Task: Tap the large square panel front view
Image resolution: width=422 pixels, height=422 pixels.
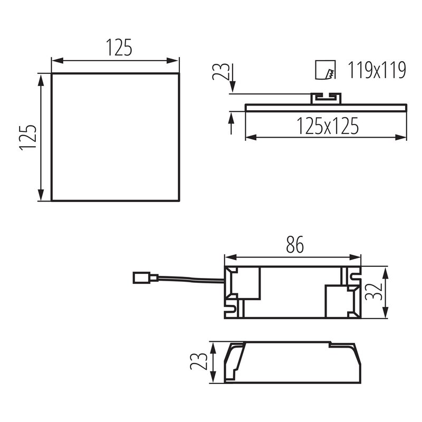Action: [x=116, y=137]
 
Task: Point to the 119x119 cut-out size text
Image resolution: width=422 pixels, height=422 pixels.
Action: [x=377, y=70]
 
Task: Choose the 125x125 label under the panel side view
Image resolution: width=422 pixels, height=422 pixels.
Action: [x=327, y=126]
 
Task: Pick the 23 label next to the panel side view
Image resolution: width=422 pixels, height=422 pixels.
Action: [x=224, y=71]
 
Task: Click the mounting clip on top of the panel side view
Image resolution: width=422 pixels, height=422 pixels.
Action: [x=325, y=98]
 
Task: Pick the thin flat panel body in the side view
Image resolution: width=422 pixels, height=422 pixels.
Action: [x=327, y=107]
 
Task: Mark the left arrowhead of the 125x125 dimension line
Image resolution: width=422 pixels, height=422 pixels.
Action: [x=250, y=138]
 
